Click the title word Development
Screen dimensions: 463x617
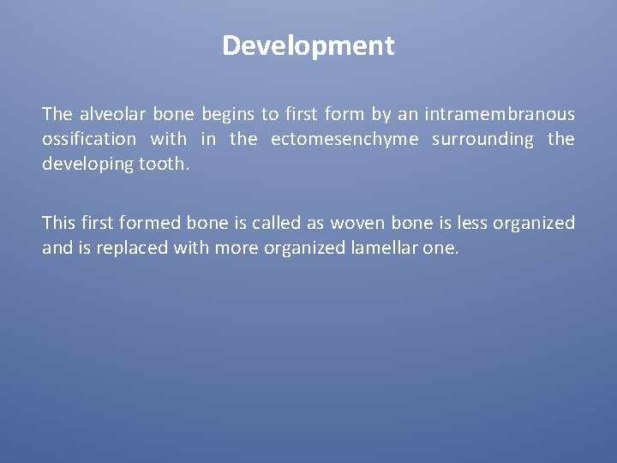tap(308, 45)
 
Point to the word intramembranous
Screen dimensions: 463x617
tap(499, 114)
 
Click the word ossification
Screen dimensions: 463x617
tap(89, 139)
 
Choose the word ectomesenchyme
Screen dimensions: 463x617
tap(344, 139)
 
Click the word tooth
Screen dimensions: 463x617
tap(165, 164)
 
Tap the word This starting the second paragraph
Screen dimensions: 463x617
tap(58, 223)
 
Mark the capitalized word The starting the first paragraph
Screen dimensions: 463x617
tap(57, 114)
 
